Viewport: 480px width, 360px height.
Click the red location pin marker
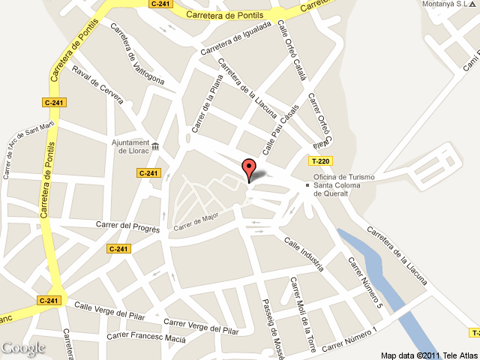pyautogui.click(x=248, y=169)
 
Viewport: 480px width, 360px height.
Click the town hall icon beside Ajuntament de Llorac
pyautogui.click(x=155, y=146)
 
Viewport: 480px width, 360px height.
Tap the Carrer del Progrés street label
pyautogui.click(x=128, y=226)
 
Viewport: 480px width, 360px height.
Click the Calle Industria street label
pyautogui.click(x=304, y=253)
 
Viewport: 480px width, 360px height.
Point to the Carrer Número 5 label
pyautogui.click(x=366, y=284)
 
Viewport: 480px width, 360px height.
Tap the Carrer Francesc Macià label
pyautogui.click(x=145, y=337)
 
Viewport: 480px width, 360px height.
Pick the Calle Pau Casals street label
pyautogui.click(x=280, y=125)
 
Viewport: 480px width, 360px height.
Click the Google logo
pyautogui.click(x=23, y=348)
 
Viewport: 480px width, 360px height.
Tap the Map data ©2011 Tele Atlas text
pyautogui.click(x=428, y=355)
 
